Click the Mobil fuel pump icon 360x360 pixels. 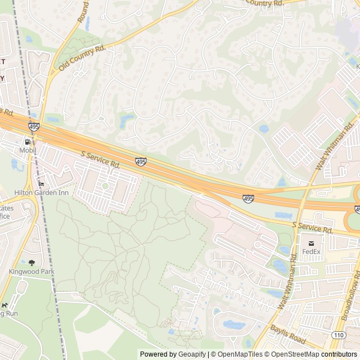28,142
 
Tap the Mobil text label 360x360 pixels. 28,150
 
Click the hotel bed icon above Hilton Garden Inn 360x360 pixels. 40,184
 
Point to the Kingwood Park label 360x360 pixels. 31,271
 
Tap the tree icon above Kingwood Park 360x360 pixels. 31,263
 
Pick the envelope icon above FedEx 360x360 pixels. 310,243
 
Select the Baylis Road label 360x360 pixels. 288,336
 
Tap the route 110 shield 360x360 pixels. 339,335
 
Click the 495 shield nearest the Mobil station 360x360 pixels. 34,127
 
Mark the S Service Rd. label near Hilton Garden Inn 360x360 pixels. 101,159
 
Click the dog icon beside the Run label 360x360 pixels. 4,305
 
